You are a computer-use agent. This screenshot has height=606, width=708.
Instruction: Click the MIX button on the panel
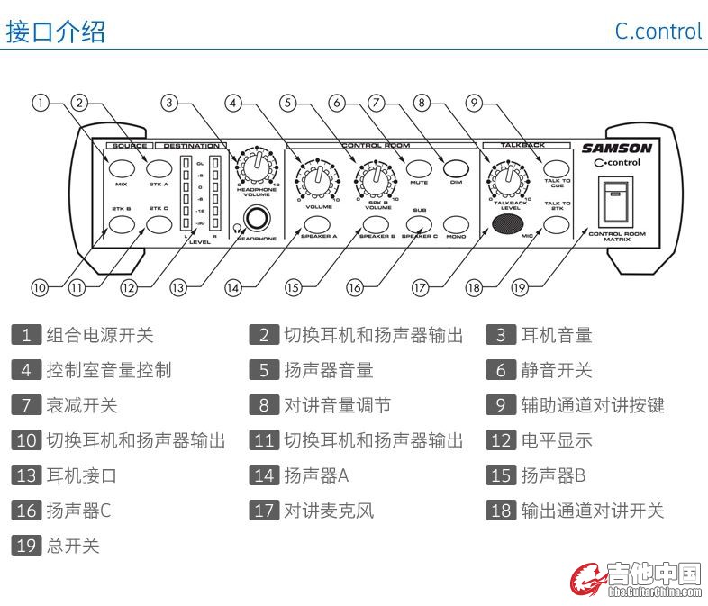point(122,168)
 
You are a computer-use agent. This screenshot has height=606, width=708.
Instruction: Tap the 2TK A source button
point(159,168)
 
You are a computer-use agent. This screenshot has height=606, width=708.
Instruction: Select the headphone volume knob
point(257,167)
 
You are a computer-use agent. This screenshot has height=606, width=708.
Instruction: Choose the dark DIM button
point(457,167)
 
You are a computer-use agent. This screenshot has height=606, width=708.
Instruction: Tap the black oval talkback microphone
point(509,224)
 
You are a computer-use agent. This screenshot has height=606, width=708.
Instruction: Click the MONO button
point(457,224)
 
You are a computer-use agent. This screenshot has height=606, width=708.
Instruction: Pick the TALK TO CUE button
point(558,167)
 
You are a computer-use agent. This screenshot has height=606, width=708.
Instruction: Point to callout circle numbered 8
point(421,103)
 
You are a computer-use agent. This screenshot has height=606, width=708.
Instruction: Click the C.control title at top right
point(658,31)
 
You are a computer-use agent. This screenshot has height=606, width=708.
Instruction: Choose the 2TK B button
point(122,224)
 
